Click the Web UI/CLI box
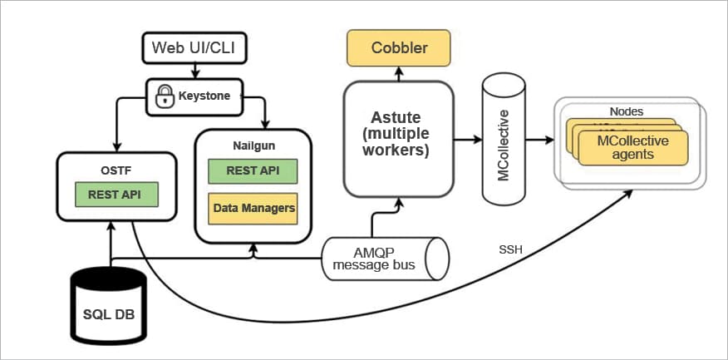[x=193, y=47]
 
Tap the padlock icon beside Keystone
[x=163, y=96]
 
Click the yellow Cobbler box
[x=399, y=47]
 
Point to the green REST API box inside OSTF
[x=116, y=195]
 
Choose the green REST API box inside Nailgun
[x=253, y=170]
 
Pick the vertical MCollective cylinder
[x=506, y=139]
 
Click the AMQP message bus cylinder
[x=385, y=259]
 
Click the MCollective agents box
[x=632, y=147]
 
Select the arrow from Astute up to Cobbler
[x=399, y=74]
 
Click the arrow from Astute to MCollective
[x=466, y=139]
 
